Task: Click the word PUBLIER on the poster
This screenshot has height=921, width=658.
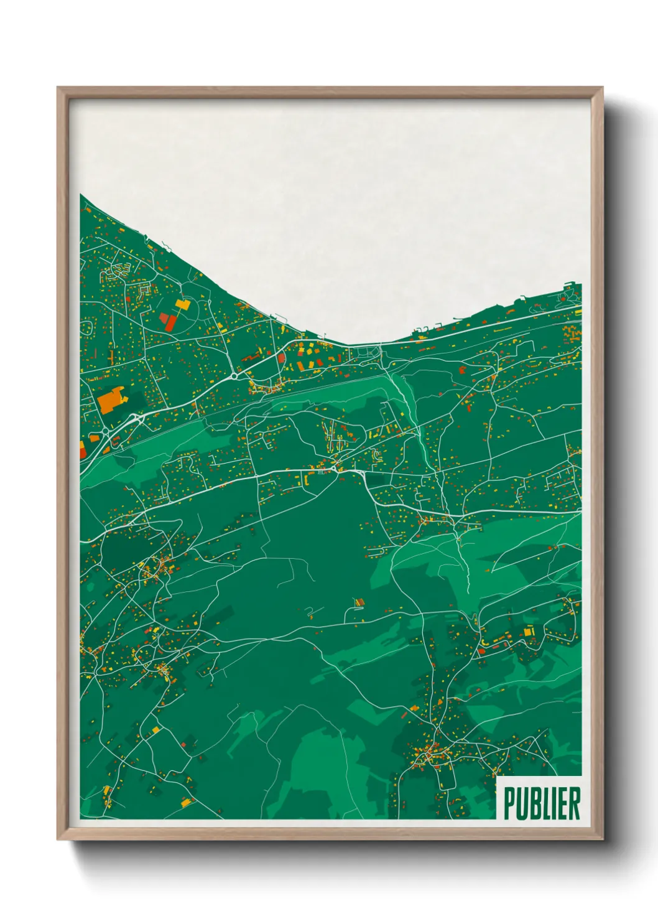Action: pyautogui.click(x=542, y=803)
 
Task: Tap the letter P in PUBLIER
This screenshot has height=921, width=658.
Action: pyautogui.click(x=509, y=803)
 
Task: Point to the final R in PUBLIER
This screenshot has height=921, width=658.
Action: pyautogui.click(x=574, y=803)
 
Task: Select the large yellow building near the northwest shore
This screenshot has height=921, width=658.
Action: pyautogui.click(x=182, y=304)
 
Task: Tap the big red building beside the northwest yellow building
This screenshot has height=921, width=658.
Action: pyautogui.click(x=167, y=321)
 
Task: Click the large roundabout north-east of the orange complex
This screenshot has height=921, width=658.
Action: pyautogui.click(x=235, y=375)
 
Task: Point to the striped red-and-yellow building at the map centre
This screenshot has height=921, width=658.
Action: pyautogui.click(x=358, y=602)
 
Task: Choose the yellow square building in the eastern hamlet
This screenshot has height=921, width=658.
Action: pyautogui.click(x=529, y=632)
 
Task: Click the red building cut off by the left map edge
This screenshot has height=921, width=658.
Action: pyautogui.click(x=83, y=449)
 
